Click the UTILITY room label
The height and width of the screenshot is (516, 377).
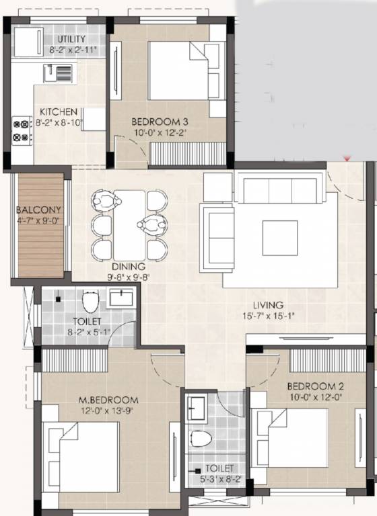(71, 40)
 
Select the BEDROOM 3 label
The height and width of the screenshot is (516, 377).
(159, 122)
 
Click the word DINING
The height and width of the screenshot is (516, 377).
(129, 266)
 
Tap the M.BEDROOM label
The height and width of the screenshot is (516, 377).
(107, 400)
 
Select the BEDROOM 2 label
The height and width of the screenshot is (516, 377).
(316, 386)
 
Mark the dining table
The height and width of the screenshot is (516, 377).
(129, 223)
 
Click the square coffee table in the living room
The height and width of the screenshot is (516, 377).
(279, 238)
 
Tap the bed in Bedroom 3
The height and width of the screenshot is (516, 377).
(178, 71)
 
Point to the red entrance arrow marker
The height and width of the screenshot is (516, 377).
(347, 159)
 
